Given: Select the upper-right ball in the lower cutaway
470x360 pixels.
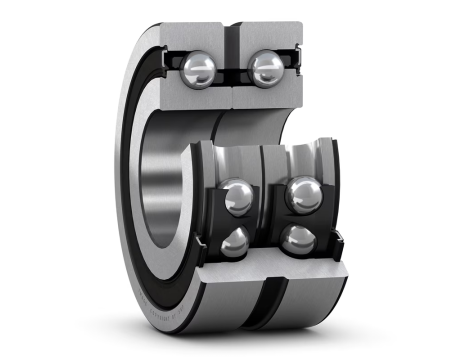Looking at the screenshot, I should pyautogui.click(x=302, y=194).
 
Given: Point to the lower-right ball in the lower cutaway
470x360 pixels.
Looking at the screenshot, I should pyautogui.click(x=296, y=239).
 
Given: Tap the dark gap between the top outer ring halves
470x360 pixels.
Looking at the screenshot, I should pyautogui.click(x=232, y=40).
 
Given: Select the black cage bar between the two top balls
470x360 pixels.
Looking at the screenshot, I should pyautogui.click(x=232, y=70).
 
